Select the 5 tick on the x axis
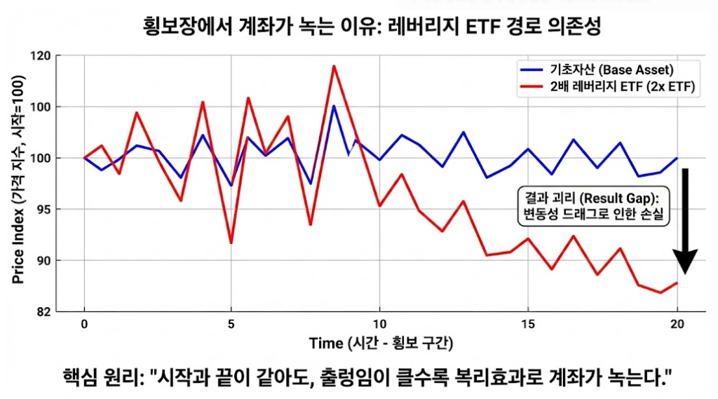pos(231,324)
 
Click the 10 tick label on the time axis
pos(379,324)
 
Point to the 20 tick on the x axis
pos(677,324)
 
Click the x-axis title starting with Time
pos(381,343)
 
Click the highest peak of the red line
pos(334,66)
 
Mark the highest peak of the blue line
pos(334,106)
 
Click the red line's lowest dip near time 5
pos(231,243)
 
